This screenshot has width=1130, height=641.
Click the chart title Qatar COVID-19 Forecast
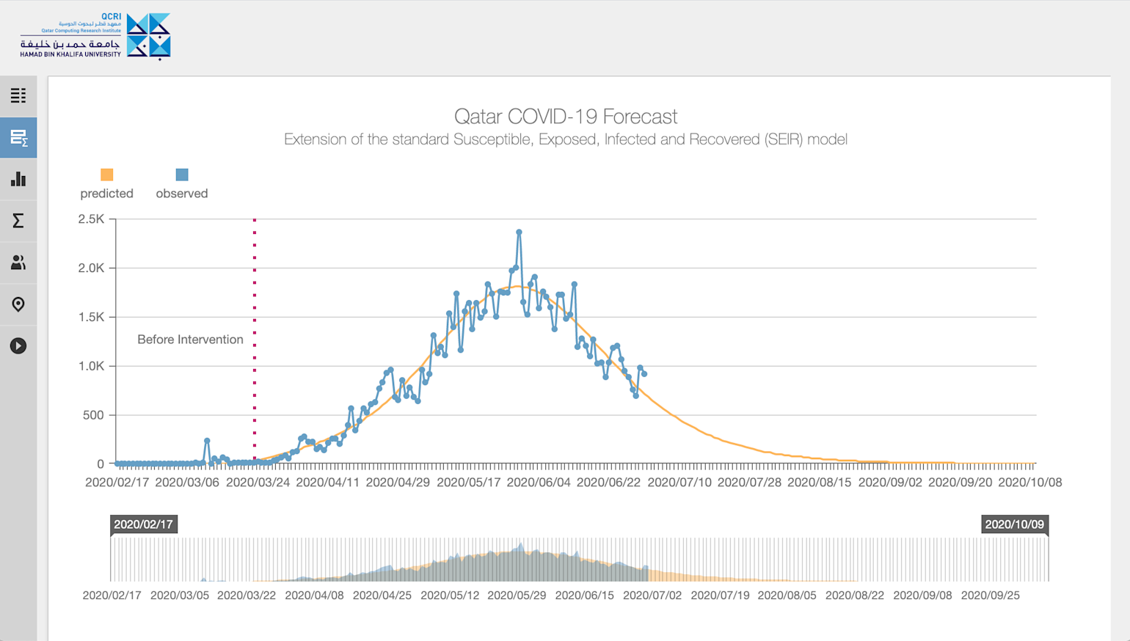(x=565, y=117)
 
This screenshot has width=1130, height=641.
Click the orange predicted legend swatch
(x=106, y=175)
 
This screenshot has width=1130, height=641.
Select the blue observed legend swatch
(x=182, y=175)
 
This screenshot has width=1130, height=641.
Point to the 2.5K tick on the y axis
(x=92, y=219)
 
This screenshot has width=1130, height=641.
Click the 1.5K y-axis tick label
(x=92, y=317)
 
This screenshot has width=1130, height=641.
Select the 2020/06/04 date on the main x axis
(x=538, y=483)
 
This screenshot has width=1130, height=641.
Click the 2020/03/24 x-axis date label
(x=258, y=483)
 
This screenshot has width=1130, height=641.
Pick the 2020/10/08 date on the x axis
(x=1029, y=483)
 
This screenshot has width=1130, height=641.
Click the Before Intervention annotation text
(x=190, y=340)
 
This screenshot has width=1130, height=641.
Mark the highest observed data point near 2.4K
(x=519, y=232)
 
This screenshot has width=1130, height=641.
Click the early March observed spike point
(x=207, y=441)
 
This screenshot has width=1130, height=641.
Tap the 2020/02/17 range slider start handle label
(x=143, y=524)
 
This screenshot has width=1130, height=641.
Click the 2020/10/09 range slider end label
(x=1014, y=524)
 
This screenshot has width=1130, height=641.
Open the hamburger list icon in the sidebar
(x=18, y=96)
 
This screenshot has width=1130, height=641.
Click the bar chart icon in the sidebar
(x=18, y=180)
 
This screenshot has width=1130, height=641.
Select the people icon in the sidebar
(x=18, y=263)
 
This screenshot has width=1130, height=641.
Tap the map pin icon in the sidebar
(x=18, y=304)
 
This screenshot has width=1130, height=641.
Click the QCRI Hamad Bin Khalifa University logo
(x=95, y=36)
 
